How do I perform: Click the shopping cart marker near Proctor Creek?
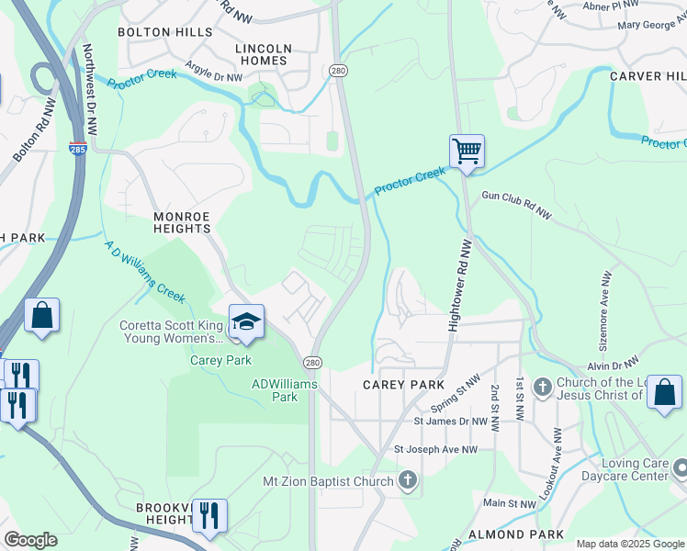[x=467, y=152]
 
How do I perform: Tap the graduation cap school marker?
[x=246, y=322]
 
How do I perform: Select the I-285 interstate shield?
[x=79, y=149]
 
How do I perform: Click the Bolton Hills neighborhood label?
[x=157, y=32]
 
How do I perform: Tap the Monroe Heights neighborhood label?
[x=182, y=217]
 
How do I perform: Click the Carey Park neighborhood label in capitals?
[x=403, y=385]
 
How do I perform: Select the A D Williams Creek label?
[x=145, y=273]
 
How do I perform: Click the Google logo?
[x=30, y=540]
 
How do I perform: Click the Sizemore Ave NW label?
[x=605, y=303]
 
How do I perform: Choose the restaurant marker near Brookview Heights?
[x=209, y=516]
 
